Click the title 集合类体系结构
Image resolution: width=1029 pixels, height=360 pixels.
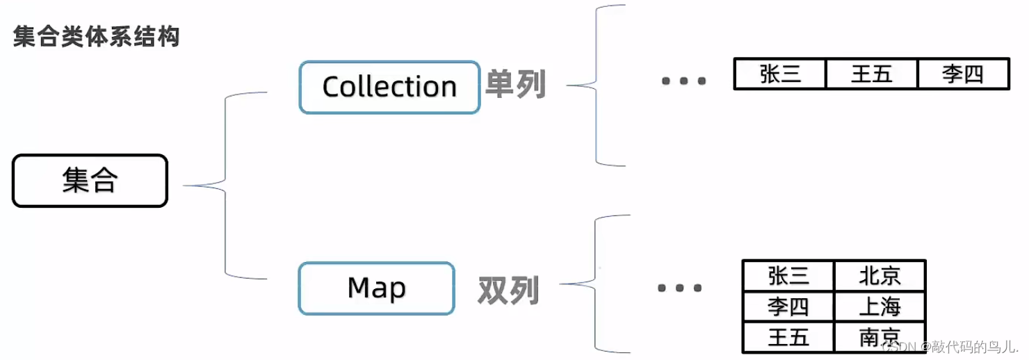96,37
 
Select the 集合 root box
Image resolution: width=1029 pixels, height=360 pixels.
90,181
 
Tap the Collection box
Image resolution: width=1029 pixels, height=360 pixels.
389,88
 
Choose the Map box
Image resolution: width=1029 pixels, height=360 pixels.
376,288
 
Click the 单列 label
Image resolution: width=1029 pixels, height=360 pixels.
515,84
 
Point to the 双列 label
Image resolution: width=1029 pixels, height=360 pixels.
508,290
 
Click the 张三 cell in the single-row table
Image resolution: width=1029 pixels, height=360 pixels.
780,74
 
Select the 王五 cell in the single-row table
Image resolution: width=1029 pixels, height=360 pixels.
871,74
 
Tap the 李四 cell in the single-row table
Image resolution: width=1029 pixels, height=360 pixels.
963,74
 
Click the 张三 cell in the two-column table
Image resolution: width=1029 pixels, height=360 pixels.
788,276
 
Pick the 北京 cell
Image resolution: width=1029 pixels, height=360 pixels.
880,276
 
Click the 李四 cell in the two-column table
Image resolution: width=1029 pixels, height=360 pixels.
788,306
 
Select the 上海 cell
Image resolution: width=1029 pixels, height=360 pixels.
880,306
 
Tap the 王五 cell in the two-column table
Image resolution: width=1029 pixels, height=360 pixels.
788,338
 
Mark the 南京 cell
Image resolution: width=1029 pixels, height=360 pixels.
880,338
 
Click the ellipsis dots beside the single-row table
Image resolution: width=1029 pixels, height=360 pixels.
683,81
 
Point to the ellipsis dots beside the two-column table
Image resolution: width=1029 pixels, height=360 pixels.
679,288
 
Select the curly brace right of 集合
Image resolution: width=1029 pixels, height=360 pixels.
226,186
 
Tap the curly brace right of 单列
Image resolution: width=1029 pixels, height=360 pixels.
597,85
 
